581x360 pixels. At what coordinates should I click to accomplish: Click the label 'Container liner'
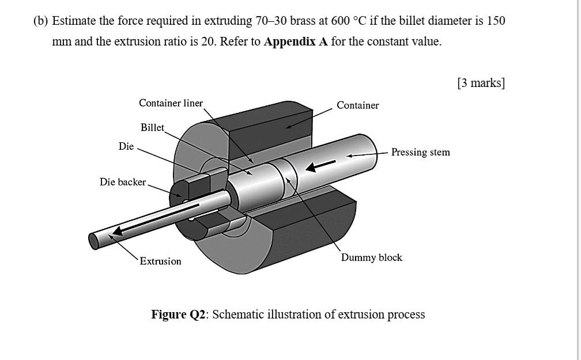(x=171, y=103)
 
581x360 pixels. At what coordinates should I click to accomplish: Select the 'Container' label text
(x=357, y=105)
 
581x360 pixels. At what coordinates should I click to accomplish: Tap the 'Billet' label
(x=152, y=127)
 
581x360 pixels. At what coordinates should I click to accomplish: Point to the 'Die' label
(x=126, y=146)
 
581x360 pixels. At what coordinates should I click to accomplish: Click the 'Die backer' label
(x=123, y=182)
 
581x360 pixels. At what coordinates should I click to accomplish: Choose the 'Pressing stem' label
(x=420, y=152)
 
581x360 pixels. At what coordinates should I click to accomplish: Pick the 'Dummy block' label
(x=371, y=257)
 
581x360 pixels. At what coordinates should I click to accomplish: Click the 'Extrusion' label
(x=160, y=262)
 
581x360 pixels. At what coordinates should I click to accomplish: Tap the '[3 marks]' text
(x=481, y=83)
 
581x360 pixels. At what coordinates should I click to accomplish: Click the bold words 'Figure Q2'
(x=178, y=314)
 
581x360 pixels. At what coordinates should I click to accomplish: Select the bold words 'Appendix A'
(x=296, y=42)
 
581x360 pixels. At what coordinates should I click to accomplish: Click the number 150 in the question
(x=496, y=21)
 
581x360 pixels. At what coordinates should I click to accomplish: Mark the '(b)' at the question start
(x=40, y=21)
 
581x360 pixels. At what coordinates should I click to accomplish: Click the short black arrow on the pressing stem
(x=320, y=165)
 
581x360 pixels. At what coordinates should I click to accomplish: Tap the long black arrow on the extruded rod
(x=156, y=218)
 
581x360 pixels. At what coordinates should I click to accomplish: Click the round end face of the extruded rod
(x=95, y=240)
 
